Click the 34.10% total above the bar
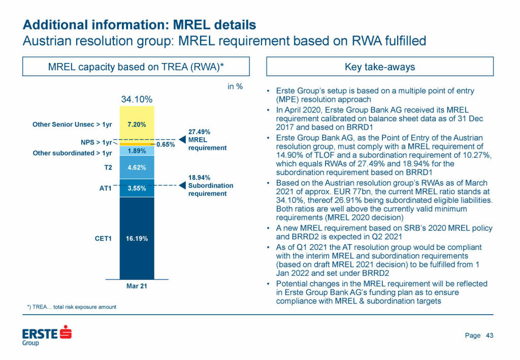pyautogui.click(x=137, y=100)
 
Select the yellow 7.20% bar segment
pyautogui.click(x=137, y=124)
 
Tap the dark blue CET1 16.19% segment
pyautogui.click(x=137, y=238)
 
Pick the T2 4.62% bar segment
pyautogui.click(x=137, y=167)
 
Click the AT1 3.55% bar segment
pyautogui.click(x=137, y=188)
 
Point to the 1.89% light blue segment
pyautogui.click(x=137, y=151)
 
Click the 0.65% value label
pyautogui.click(x=166, y=145)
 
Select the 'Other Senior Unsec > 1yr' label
pyautogui.click(x=72, y=124)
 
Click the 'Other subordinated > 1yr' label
pyautogui.click(x=72, y=153)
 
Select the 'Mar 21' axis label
pyautogui.click(x=137, y=286)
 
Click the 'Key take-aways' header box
pyautogui.click(x=380, y=67)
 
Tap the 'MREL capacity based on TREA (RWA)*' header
pyautogui.click(x=136, y=67)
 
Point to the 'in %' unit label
pyautogui.click(x=235, y=86)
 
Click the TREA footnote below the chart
pyautogui.click(x=72, y=307)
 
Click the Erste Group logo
pyautogui.click(x=47, y=336)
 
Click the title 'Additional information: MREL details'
pyautogui.click(x=140, y=24)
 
